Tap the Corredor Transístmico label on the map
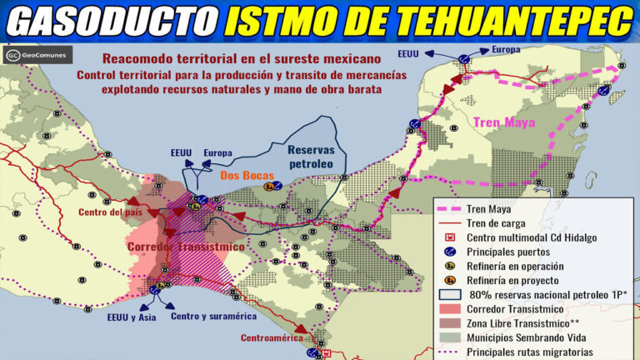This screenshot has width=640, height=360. pos(185,247)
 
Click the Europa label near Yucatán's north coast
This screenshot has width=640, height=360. pos(506,49)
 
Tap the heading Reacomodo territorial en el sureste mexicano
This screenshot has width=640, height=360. pos(242,59)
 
